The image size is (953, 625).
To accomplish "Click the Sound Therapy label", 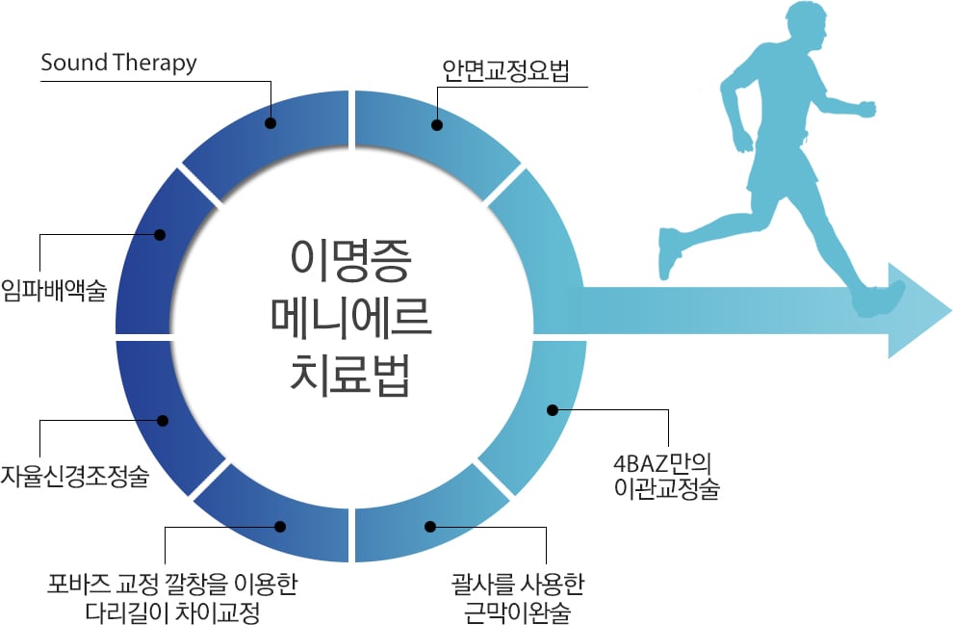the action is [118, 64].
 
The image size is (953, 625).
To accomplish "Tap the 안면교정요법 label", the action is [505, 70].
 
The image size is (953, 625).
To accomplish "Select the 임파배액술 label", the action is [54, 290].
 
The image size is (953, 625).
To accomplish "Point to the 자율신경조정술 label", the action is [74, 476].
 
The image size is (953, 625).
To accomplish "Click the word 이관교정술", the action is [667, 488].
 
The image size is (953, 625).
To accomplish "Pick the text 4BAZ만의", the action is [662, 464].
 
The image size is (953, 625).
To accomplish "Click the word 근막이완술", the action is [517, 612].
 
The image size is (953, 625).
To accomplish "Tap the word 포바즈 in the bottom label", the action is [80, 585].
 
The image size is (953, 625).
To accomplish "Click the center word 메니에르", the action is [350, 318].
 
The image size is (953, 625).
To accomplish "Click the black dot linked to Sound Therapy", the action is [271, 123].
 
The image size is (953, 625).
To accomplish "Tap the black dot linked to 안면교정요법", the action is [437, 125].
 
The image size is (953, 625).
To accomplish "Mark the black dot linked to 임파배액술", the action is [160, 235].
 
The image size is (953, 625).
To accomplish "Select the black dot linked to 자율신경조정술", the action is [163, 420].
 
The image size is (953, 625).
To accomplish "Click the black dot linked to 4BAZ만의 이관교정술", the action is [553, 410].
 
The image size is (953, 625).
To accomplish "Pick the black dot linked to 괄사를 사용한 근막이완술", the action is [430, 527].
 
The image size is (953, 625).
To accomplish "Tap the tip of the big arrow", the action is [950, 311].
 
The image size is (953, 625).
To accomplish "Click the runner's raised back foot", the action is [669, 253].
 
